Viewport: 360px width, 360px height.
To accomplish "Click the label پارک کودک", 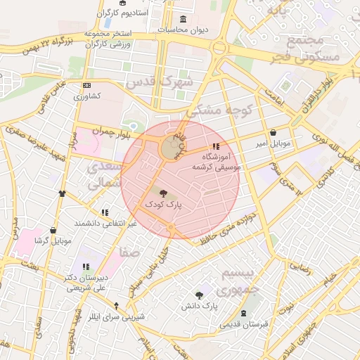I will pos(163,204).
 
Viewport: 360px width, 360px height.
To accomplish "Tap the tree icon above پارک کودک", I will pos(163,193).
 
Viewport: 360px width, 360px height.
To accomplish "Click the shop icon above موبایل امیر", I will pos(273,133).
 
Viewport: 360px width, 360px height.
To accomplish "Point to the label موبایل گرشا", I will pos(53,241).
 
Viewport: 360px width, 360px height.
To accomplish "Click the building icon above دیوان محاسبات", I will pos(184,19).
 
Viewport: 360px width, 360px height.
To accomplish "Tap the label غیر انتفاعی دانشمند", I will pos(105,223).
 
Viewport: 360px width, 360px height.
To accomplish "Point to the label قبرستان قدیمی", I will pos(243,324).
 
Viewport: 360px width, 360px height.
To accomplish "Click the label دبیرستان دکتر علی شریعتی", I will pos(84,283).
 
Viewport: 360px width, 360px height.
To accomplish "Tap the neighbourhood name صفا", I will pos(130,251).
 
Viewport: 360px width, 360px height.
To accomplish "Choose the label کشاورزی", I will pos(88,96).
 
